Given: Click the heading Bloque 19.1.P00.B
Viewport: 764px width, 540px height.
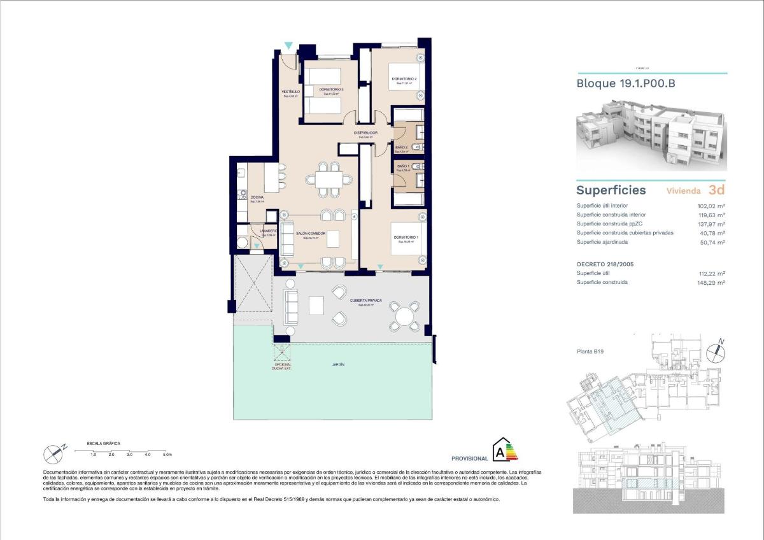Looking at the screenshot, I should pos(625,83).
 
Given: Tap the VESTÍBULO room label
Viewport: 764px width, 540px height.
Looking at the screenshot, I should pos(290,92).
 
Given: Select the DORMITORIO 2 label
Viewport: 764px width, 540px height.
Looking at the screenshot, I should pos(404,79).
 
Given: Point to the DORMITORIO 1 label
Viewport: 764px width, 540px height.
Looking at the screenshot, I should pos(406,238).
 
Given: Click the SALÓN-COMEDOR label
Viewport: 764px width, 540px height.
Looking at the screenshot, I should pos(311,234).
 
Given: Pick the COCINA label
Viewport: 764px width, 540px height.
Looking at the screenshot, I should pos(257,197).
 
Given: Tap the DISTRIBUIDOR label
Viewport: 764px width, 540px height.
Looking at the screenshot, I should pos(366,132).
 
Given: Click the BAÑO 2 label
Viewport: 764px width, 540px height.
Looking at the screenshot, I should pos(401,148).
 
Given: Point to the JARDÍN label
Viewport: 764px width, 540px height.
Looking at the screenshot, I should pos(338,365).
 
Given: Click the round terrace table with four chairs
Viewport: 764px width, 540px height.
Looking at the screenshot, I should pos(405,316).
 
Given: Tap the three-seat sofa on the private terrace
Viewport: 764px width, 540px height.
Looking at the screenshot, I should pos(291,307).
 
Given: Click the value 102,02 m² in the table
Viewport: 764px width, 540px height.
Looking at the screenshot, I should pos(712,206).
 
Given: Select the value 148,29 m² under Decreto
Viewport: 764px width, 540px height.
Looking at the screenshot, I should pos(712,282).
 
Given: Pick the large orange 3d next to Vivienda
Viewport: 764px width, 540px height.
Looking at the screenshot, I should pos(716,189).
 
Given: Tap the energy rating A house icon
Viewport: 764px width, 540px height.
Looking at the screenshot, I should pos(503,450).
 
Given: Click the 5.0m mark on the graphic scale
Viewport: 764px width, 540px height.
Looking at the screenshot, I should pos(167,455).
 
